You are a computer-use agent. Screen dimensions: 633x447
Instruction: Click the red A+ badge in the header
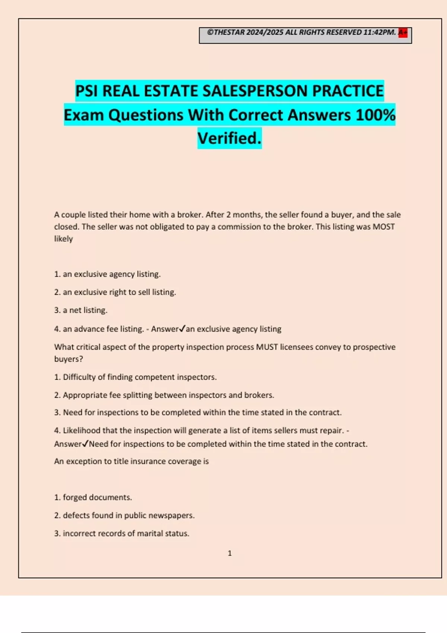(403, 33)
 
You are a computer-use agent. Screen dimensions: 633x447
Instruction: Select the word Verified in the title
(229, 139)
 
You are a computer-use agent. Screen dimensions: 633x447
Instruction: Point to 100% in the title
(375, 115)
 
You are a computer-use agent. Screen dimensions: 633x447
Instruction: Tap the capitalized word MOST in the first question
(384, 227)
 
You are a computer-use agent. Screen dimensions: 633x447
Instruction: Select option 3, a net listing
(81, 310)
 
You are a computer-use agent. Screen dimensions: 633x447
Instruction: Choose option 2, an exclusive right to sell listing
(115, 292)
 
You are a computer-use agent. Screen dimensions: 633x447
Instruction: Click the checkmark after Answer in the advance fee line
(182, 329)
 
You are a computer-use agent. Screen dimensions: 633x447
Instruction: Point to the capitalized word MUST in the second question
(267, 347)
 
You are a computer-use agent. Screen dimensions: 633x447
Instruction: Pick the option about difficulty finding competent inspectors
(136, 377)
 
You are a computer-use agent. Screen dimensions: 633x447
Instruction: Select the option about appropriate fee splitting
(164, 395)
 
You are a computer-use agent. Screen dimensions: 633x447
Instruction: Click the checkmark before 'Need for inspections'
(85, 444)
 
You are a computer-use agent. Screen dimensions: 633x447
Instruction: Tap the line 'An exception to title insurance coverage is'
(131, 461)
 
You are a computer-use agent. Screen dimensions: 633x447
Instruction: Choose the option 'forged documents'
(93, 497)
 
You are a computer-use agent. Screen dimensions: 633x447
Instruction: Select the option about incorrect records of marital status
(122, 534)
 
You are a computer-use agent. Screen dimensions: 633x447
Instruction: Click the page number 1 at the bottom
(229, 553)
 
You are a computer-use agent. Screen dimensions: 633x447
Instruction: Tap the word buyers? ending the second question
(69, 359)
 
